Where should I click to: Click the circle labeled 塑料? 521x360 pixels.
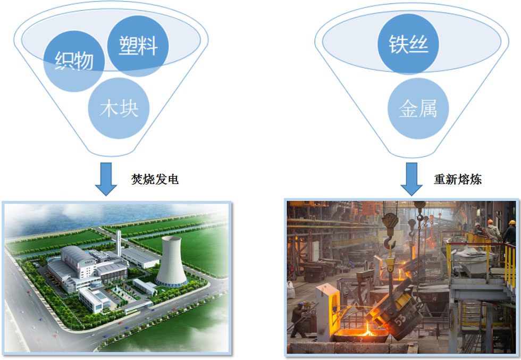click(138, 46)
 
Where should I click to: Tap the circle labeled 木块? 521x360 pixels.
click(119, 108)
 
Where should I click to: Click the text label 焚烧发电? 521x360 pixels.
click(155, 179)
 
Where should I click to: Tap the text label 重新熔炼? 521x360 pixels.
click(458, 179)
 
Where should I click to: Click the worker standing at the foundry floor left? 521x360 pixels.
click(299, 319)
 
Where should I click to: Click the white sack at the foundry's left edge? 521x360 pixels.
click(291, 290)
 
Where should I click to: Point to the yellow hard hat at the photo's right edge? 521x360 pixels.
click(512, 222)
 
